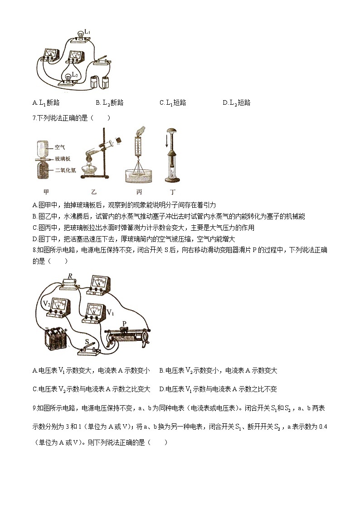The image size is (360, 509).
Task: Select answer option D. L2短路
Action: [237, 103]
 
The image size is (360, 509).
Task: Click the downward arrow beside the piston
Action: [166, 143]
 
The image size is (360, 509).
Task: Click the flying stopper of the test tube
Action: [119, 140]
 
